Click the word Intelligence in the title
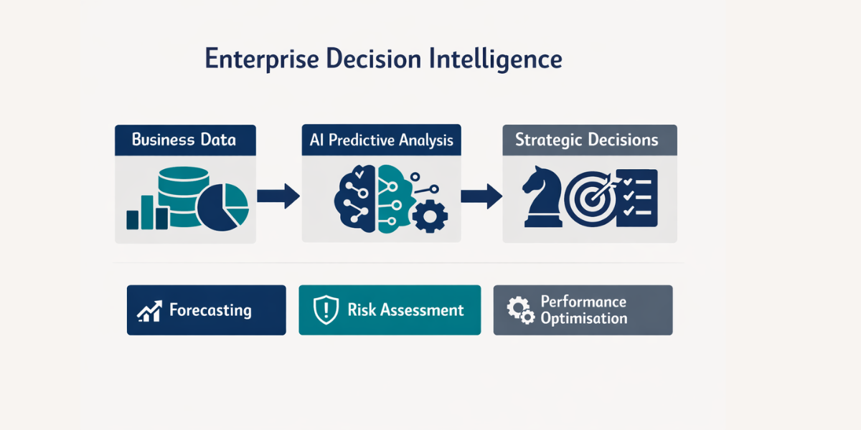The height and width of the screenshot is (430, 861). pos(495,58)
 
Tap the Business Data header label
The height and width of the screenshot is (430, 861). pos(184,139)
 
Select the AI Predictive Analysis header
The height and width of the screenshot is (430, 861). pos(382,140)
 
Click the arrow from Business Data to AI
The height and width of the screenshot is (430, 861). pos(278,196)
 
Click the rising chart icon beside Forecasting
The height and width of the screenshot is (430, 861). pos(149,311)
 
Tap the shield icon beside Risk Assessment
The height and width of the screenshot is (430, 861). pos(326,310)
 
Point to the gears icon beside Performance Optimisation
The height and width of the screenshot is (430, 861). pos(519,310)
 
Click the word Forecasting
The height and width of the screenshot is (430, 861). pos(210,310)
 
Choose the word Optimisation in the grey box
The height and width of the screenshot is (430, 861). pos(583,319)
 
